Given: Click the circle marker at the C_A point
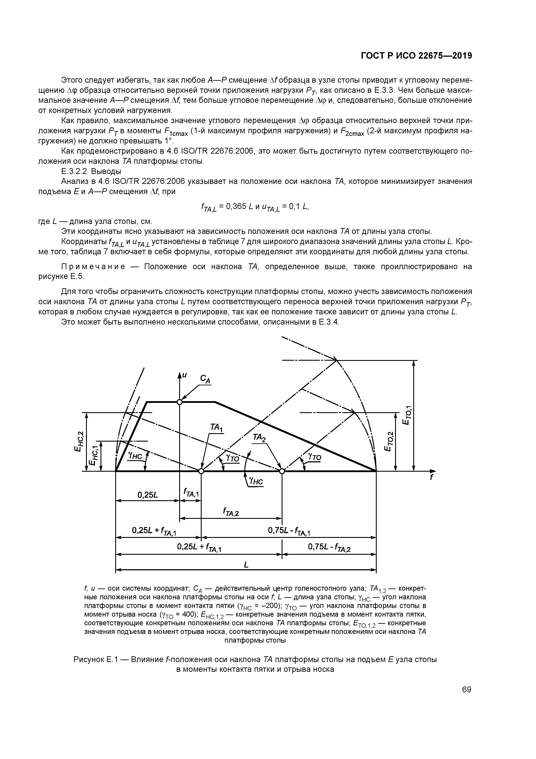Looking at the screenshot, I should click(x=179, y=402).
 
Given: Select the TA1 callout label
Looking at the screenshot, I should click(x=217, y=428).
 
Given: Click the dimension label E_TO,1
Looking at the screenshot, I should click(x=407, y=417).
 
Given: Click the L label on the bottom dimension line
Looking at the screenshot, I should click(x=246, y=565).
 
